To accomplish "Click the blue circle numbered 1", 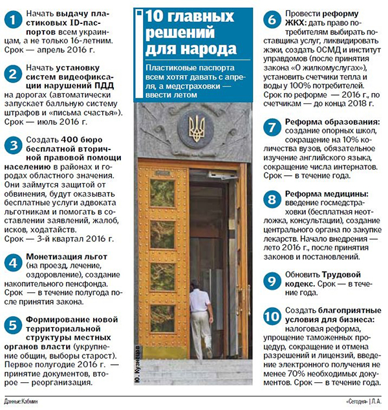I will pyautogui.click(x=12, y=20).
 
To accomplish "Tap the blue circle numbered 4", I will pyautogui.click(x=12, y=263).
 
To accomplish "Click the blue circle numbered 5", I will pyautogui.click(x=12, y=323).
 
